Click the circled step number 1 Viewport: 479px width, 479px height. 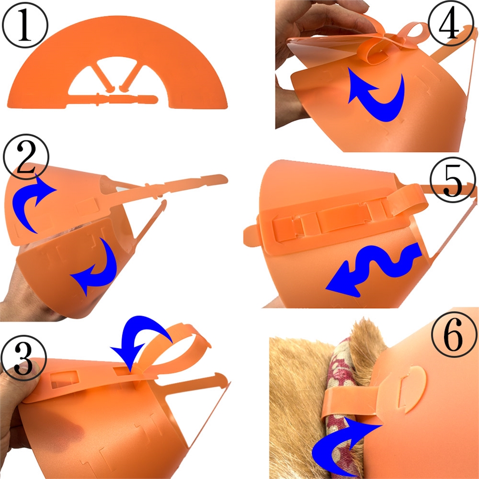tap(25, 25)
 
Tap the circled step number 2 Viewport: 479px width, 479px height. tap(26, 157)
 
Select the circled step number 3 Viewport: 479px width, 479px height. tap(24, 358)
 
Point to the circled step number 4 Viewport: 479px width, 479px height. tap(452, 24)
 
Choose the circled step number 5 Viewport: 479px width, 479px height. tap(453, 180)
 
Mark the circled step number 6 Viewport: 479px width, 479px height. tap(455, 334)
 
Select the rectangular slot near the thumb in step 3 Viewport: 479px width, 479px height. tap(64, 379)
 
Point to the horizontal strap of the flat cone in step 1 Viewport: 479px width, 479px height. tap(112, 100)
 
